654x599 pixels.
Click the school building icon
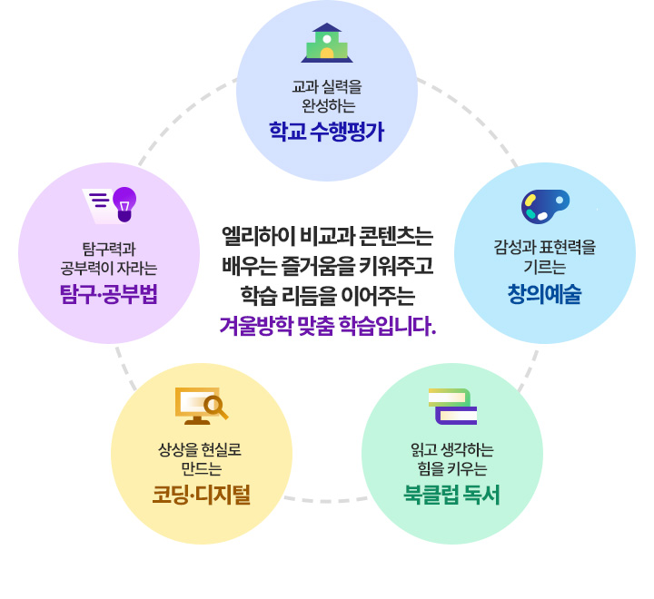(327, 43)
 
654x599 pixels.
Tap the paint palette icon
(545, 206)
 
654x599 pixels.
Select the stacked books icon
(452, 406)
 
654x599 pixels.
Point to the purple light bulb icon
(124, 203)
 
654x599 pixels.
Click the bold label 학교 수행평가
(327, 132)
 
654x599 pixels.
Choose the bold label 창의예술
(545, 295)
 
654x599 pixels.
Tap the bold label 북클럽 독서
(452, 495)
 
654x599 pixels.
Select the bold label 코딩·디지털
(201, 495)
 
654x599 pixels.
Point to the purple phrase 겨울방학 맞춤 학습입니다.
(328, 325)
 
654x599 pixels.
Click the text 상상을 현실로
(200, 449)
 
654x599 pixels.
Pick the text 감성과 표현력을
(545, 247)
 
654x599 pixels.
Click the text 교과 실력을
(327, 88)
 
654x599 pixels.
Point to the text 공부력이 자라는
(109, 268)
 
